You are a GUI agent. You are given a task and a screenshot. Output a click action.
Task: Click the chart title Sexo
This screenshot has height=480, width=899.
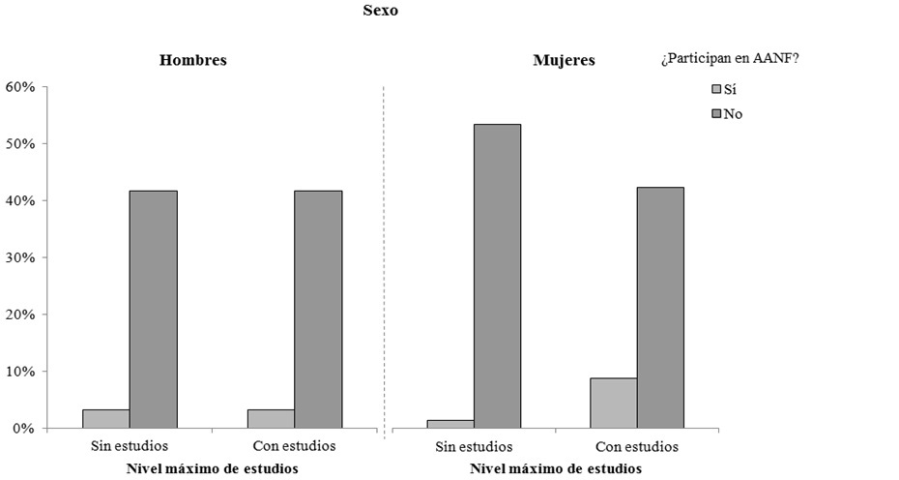pos(380,11)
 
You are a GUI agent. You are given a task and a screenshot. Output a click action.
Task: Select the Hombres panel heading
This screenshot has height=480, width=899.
pos(193,60)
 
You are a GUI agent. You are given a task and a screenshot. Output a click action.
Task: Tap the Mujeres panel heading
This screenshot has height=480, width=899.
pos(564,61)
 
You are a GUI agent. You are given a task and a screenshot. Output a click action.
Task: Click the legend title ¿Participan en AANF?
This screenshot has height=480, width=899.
pos(731,59)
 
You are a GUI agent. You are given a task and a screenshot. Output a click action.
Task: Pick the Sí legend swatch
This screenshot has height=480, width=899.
pos(716,89)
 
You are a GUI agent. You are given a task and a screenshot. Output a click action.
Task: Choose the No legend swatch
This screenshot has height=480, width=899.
pos(716,113)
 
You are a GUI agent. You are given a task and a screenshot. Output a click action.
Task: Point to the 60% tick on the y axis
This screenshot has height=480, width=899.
pos(20,87)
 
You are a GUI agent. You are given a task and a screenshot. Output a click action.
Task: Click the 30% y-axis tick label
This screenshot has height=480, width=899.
pos(20,258)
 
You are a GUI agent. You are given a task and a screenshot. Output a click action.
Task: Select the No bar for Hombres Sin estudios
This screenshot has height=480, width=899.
pos(153,310)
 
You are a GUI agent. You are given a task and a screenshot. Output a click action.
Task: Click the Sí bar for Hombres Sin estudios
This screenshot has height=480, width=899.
pos(106,418)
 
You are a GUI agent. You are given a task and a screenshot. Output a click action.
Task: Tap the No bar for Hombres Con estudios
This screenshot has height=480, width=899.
pos(318,310)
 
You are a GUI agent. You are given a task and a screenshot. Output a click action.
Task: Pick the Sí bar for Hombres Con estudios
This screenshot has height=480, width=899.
pos(271,418)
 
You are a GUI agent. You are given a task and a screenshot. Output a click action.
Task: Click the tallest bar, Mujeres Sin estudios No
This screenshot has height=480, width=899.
pos(497,276)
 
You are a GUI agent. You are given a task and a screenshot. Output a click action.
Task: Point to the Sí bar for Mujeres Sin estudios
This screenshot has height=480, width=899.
pos(450,424)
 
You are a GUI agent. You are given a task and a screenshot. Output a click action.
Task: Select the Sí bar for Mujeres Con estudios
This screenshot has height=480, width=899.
pos(614,403)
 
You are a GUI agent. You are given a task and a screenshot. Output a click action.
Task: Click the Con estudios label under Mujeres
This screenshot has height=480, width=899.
pos(637,447)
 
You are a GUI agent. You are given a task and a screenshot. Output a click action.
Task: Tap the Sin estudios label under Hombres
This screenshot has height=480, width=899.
pos(130,446)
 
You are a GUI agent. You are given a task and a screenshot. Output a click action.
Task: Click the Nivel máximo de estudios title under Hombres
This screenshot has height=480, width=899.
pos(212,468)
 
